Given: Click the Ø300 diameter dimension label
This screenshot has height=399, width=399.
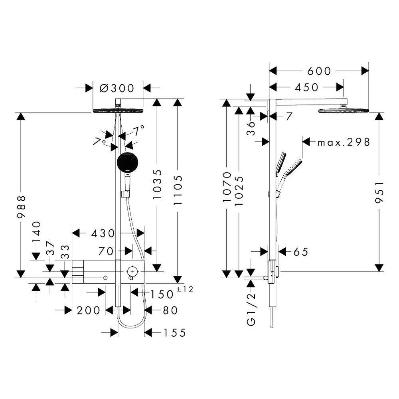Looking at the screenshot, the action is (x=117, y=88).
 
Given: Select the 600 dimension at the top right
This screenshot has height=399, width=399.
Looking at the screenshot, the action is (x=319, y=71).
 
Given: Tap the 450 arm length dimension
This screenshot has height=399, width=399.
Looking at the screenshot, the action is (x=306, y=87).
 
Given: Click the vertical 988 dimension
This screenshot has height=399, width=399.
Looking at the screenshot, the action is (x=21, y=207).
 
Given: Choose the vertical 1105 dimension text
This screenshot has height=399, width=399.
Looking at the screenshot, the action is (x=178, y=190).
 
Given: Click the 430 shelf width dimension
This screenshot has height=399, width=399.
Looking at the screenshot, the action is (x=103, y=233).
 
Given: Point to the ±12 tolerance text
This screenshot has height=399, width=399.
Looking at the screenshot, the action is (x=185, y=289).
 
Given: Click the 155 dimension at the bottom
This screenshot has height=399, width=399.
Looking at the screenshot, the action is (x=174, y=333).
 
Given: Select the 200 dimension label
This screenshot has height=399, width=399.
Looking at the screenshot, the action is (x=89, y=310).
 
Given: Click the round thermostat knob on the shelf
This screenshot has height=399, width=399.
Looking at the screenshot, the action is (x=132, y=271).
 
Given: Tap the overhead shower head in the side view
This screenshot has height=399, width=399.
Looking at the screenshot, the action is (x=344, y=111).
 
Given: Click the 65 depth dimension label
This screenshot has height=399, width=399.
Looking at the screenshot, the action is (x=301, y=252).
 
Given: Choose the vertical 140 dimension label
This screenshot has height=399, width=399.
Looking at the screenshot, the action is (x=37, y=231).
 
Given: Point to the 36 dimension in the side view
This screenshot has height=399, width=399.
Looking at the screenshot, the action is (x=251, y=128).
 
